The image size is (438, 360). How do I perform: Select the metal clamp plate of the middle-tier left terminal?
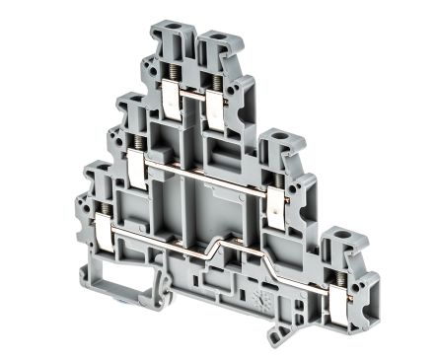pyautogui.click(x=136, y=169)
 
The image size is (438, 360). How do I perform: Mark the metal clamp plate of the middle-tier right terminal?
pyautogui.click(x=275, y=209)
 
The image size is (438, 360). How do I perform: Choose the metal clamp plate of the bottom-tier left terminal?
pyautogui.click(x=104, y=232)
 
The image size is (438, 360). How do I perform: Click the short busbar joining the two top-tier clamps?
pyautogui.click(x=192, y=97)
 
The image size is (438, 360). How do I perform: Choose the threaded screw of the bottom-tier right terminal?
pyautogui.click(x=341, y=277)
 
